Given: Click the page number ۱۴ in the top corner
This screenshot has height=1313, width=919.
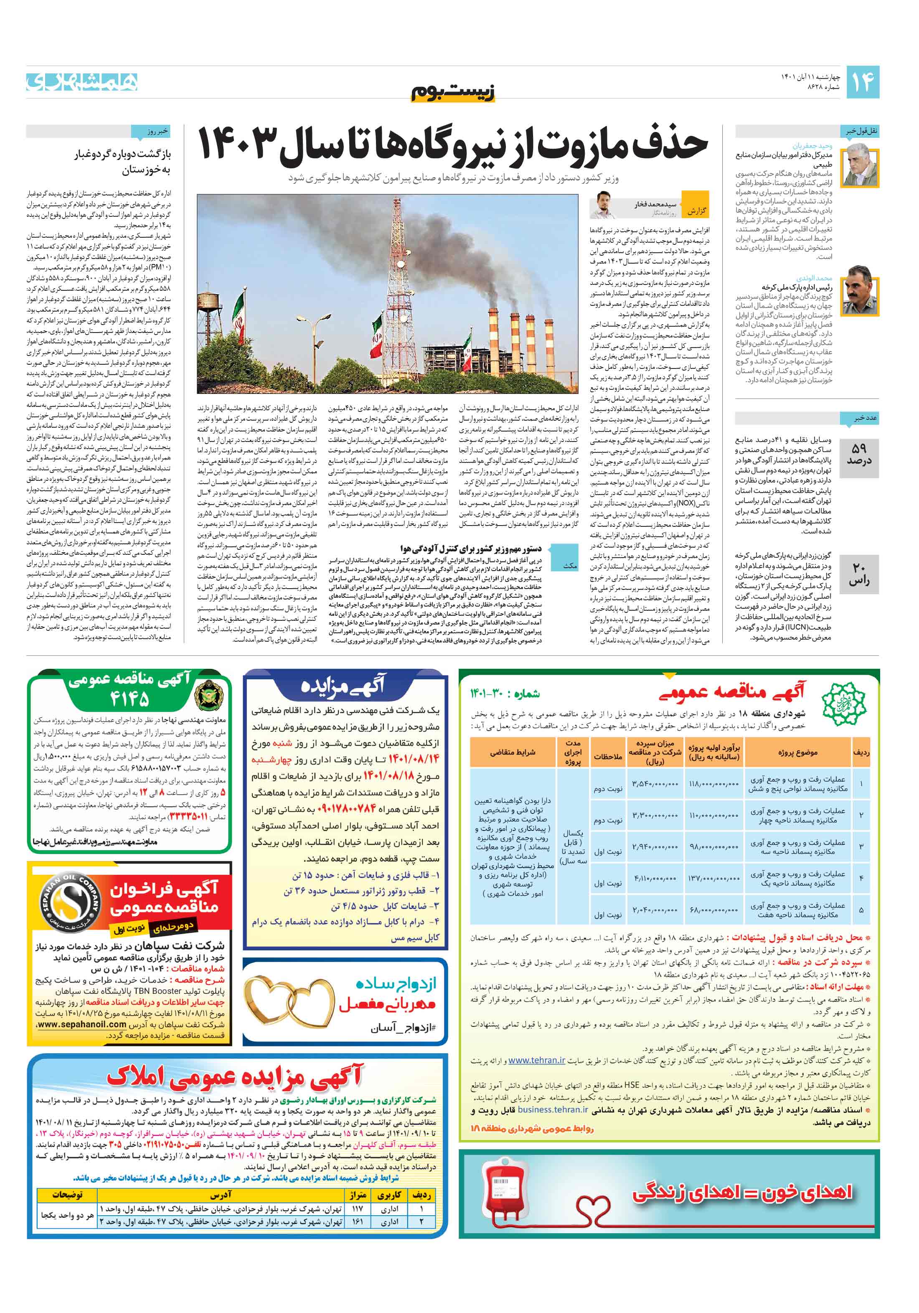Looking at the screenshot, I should pos(862,82).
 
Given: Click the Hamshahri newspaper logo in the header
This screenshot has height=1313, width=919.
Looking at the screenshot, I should pos(82,82).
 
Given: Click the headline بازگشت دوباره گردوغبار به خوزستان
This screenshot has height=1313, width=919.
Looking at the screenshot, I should pos(122,162).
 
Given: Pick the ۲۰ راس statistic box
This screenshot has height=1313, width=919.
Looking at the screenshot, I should pos(859,574).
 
